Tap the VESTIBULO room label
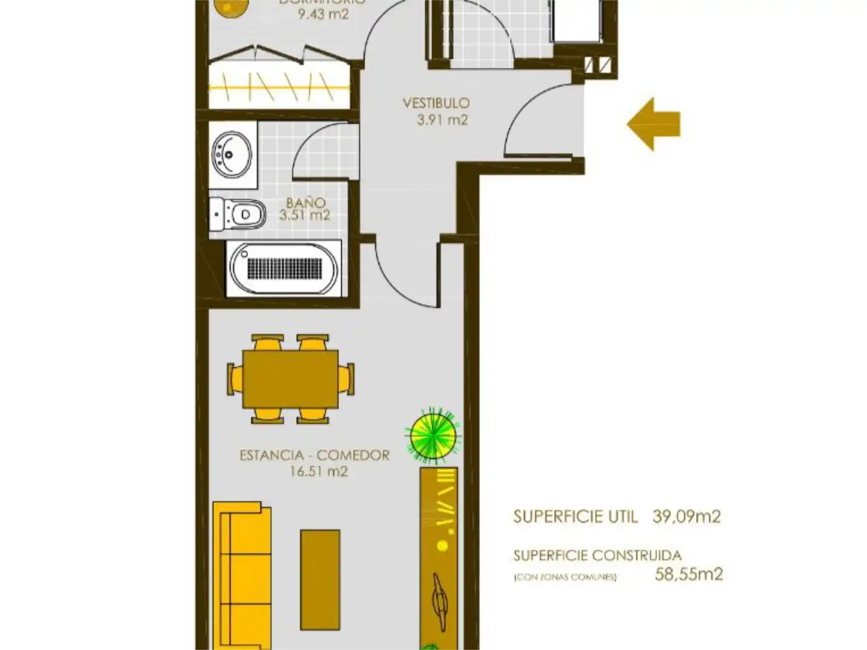pyautogui.click(x=436, y=103)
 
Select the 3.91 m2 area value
pyautogui.click(x=442, y=120)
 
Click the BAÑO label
pyautogui.click(x=306, y=203)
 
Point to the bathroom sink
pyautogui.click(x=232, y=154)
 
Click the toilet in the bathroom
pyautogui.click(x=238, y=214)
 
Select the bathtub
pyautogui.click(x=283, y=268)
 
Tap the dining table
pyautogui.click(x=291, y=379)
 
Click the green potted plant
pyautogui.click(x=433, y=436)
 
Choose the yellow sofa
pyautogui.click(x=242, y=575)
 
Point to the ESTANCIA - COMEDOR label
pyautogui.click(x=314, y=455)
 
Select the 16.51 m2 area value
pyautogui.click(x=319, y=471)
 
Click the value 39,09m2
pyautogui.click(x=687, y=516)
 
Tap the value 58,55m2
pyautogui.click(x=688, y=574)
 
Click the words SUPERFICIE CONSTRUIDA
pyautogui.click(x=597, y=555)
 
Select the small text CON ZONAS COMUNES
pyautogui.click(x=565, y=577)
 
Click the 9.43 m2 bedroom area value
pyautogui.click(x=323, y=14)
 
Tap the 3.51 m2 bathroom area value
pyautogui.click(x=304, y=215)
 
